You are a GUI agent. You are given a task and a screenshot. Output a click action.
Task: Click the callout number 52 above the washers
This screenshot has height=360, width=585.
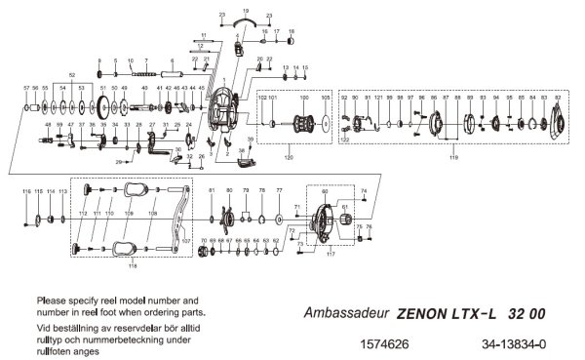(x=71, y=74)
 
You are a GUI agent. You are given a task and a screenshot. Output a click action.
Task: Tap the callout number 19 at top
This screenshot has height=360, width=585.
(x=245, y=9)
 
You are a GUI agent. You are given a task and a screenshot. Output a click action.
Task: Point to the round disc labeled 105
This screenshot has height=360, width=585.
(x=326, y=124)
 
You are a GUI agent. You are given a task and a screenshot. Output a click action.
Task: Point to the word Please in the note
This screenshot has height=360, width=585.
(x=52, y=299)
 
